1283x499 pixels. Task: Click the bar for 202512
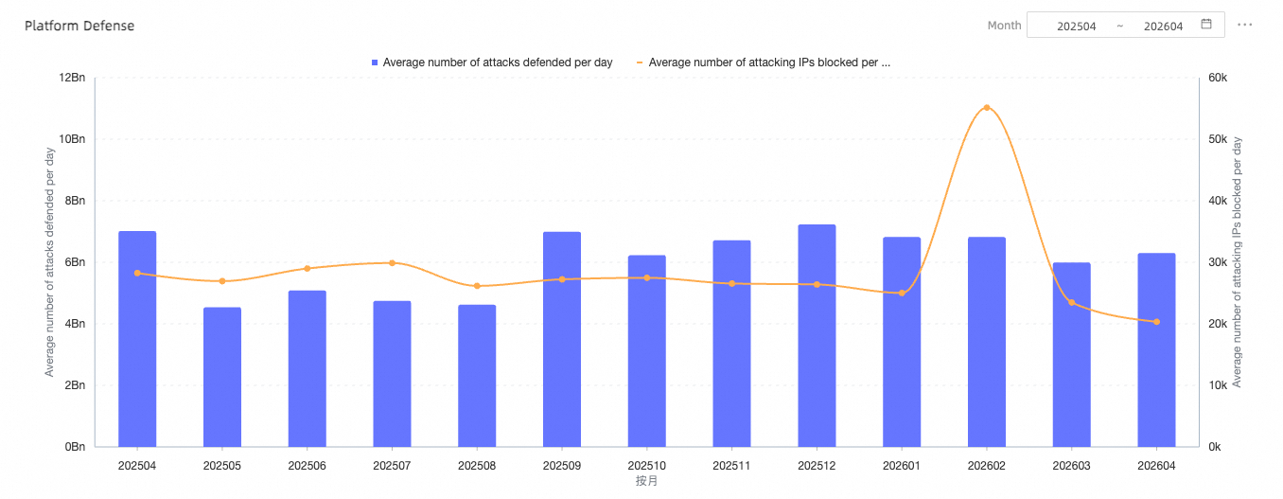[x=817, y=336]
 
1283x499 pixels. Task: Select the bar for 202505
[x=222, y=377]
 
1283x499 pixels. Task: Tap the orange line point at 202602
[x=986, y=108]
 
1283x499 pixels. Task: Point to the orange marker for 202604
[x=1156, y=322]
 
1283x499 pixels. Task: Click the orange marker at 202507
[x=393, y=263]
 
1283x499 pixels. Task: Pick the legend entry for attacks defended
[x=492, y=62]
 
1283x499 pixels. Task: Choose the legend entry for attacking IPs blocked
[x=764, y=62]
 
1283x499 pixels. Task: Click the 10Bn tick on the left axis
[x=72, y=139]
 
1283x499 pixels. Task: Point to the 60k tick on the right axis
[x=1218, y=78]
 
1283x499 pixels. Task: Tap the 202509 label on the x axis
[x=562, y=466]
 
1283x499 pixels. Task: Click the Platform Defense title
[x=79, y=26]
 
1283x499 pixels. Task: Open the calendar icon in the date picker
[x=1206, y=24]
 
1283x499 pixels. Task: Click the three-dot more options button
[x=1244, y=25]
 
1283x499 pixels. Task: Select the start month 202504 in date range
[x=1076, y=26]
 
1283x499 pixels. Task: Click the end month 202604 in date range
[x=1163, y=26]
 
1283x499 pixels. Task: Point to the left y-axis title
[x=50, y=262]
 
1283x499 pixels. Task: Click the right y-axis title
[x=1237, y=262]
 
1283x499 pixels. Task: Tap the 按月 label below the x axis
[x=646, y=481]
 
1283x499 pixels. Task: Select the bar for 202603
[x=1072, y=355]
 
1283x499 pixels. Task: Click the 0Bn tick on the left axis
[x=75, y=447]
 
